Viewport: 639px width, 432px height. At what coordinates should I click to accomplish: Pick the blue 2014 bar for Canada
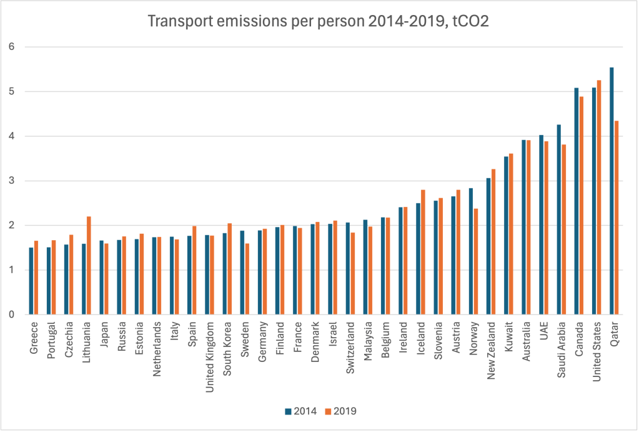coord(577,201)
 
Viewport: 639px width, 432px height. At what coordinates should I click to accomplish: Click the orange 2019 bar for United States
coord(599,197)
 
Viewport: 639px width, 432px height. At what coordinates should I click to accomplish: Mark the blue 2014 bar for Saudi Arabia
coord(558,219)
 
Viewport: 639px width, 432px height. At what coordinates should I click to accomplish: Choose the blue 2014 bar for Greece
coord(31,281)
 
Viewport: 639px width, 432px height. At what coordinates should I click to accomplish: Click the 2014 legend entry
coord(300,411)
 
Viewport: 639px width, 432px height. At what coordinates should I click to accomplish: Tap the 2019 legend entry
coord(340,411)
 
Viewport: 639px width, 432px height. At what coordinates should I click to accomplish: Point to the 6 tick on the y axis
coord(11,47)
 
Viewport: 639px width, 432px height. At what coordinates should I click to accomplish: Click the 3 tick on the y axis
coord(11,181)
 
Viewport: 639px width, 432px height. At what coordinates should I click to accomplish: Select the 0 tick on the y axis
coord(11,314)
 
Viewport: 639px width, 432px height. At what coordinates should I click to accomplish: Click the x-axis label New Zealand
coord(492,344)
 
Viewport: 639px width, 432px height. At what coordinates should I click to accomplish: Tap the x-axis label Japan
coord(104,333)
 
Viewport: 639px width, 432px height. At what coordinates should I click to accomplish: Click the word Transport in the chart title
coord(176,22)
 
